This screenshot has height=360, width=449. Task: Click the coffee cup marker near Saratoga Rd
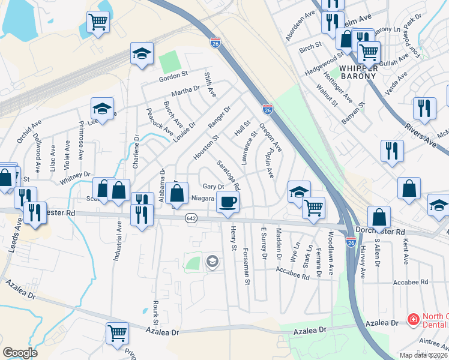[x=228, y=202]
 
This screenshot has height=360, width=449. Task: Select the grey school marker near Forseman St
[x=211, y=261]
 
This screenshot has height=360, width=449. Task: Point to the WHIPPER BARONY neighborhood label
[x=358, y=72]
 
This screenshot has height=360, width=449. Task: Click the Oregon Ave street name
[x=270, y=137]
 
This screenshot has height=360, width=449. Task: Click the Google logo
[x=20, y=353]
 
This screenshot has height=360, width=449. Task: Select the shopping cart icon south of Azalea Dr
[x=117, y=332]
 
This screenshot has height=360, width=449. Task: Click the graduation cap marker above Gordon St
[x=142, y=54]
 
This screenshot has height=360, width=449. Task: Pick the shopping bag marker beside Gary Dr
[x=177, y=193]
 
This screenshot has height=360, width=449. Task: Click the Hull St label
[x=243, y=127]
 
